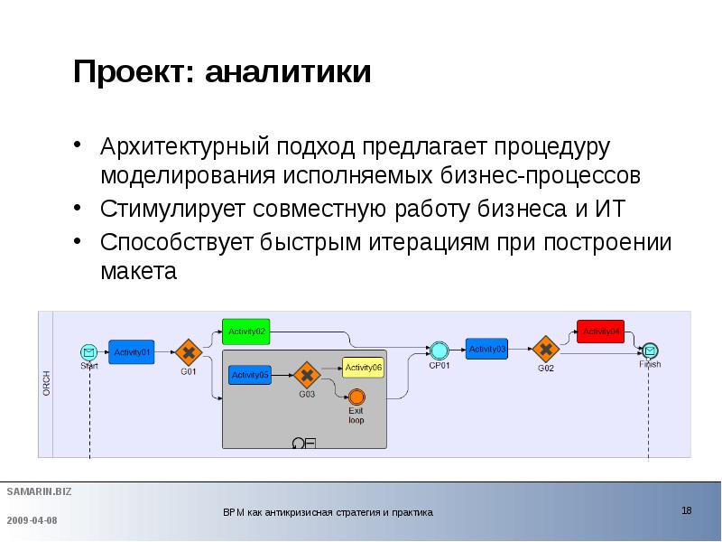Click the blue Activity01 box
pyautogui.click(x=133, y=351)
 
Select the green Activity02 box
pyautogui.click(x=246, y=332)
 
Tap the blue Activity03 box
pyautogui.click(x=487, y=349)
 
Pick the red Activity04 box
pyautogui.click(x=601, y=331)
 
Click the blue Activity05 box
pyautogui.click(x=250, y=375)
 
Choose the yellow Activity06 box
pyautogui.click(x=364, y=367)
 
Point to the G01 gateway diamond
pyautogui.click(x=187, y=350)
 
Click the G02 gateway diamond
pyautogui.click(x=545, y=349)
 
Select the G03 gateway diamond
pyautogui.click(x=307, y=374)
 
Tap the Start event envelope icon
pyautogui.click(x=88, y=351)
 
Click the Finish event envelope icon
pyautogui.click(x=650, y=350)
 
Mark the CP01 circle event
pyautogui.click(x=440, y=350)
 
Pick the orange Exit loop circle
pyautogui.click(x=356, y=397)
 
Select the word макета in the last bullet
pyautogui.click(x=139, y=270)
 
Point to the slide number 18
pyautogui.click(x=687, y=511)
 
